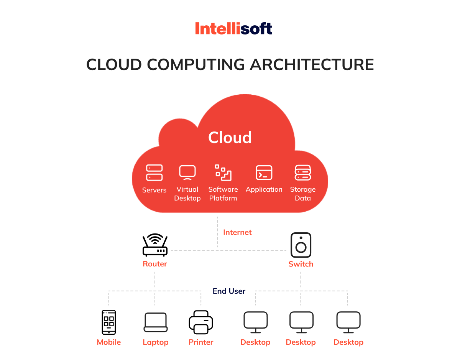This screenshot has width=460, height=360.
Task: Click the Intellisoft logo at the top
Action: [x=233, y=29]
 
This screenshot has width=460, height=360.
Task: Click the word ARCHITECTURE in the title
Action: [x=312, y=64]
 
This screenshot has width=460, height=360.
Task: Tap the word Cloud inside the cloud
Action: [x=230, y=137]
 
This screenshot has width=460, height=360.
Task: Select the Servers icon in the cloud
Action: [x=154, y=173]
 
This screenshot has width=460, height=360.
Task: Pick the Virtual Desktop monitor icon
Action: [x=187, y=173]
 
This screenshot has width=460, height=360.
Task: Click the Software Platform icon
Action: [x=223, y=173]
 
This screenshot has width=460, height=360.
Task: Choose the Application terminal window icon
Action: [x=264, y=173]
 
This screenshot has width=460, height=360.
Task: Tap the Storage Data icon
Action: [x=303, y=173]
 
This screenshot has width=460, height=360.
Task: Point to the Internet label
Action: [x=237, y=232]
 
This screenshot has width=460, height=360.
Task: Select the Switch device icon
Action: [x=301, y=245]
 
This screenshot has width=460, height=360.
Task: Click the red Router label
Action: [x=155, y=264]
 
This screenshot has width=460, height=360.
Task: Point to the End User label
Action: [x=229, y=291]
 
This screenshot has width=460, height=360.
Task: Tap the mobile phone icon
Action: [x=109, y=322]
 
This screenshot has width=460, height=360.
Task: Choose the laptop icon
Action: [x=156, y=322]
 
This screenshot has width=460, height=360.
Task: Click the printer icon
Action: [x=201, y=322]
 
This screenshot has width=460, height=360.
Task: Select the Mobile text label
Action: [x=109, y=342]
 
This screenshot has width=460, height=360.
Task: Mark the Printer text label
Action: [x=201, y=342]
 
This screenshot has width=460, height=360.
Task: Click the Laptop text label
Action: [x=156, y=342]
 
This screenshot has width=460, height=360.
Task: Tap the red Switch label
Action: [x=301, y=264]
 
